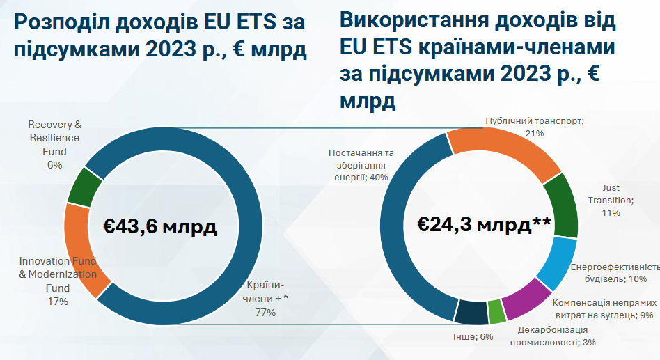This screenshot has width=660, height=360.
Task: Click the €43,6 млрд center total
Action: coord(161,226)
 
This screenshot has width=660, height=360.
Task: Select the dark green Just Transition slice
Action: coord(563,205)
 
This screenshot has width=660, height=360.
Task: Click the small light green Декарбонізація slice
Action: coord(496,313)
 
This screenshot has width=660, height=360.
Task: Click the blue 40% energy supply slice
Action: coord(404,230)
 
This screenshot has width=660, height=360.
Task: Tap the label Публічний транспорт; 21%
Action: coord(535,126)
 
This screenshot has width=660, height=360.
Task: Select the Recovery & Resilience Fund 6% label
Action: coord(55,145)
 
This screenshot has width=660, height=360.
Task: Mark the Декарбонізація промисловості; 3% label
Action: coord(553,336)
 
